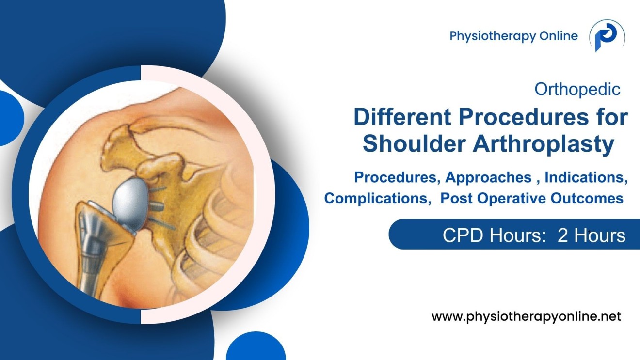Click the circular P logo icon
coord(607,36)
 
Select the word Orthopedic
coord(577,89)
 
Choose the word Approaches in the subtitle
coord(488,177)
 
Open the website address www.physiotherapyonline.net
coord(526,317)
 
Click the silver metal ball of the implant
coord(131,200)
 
